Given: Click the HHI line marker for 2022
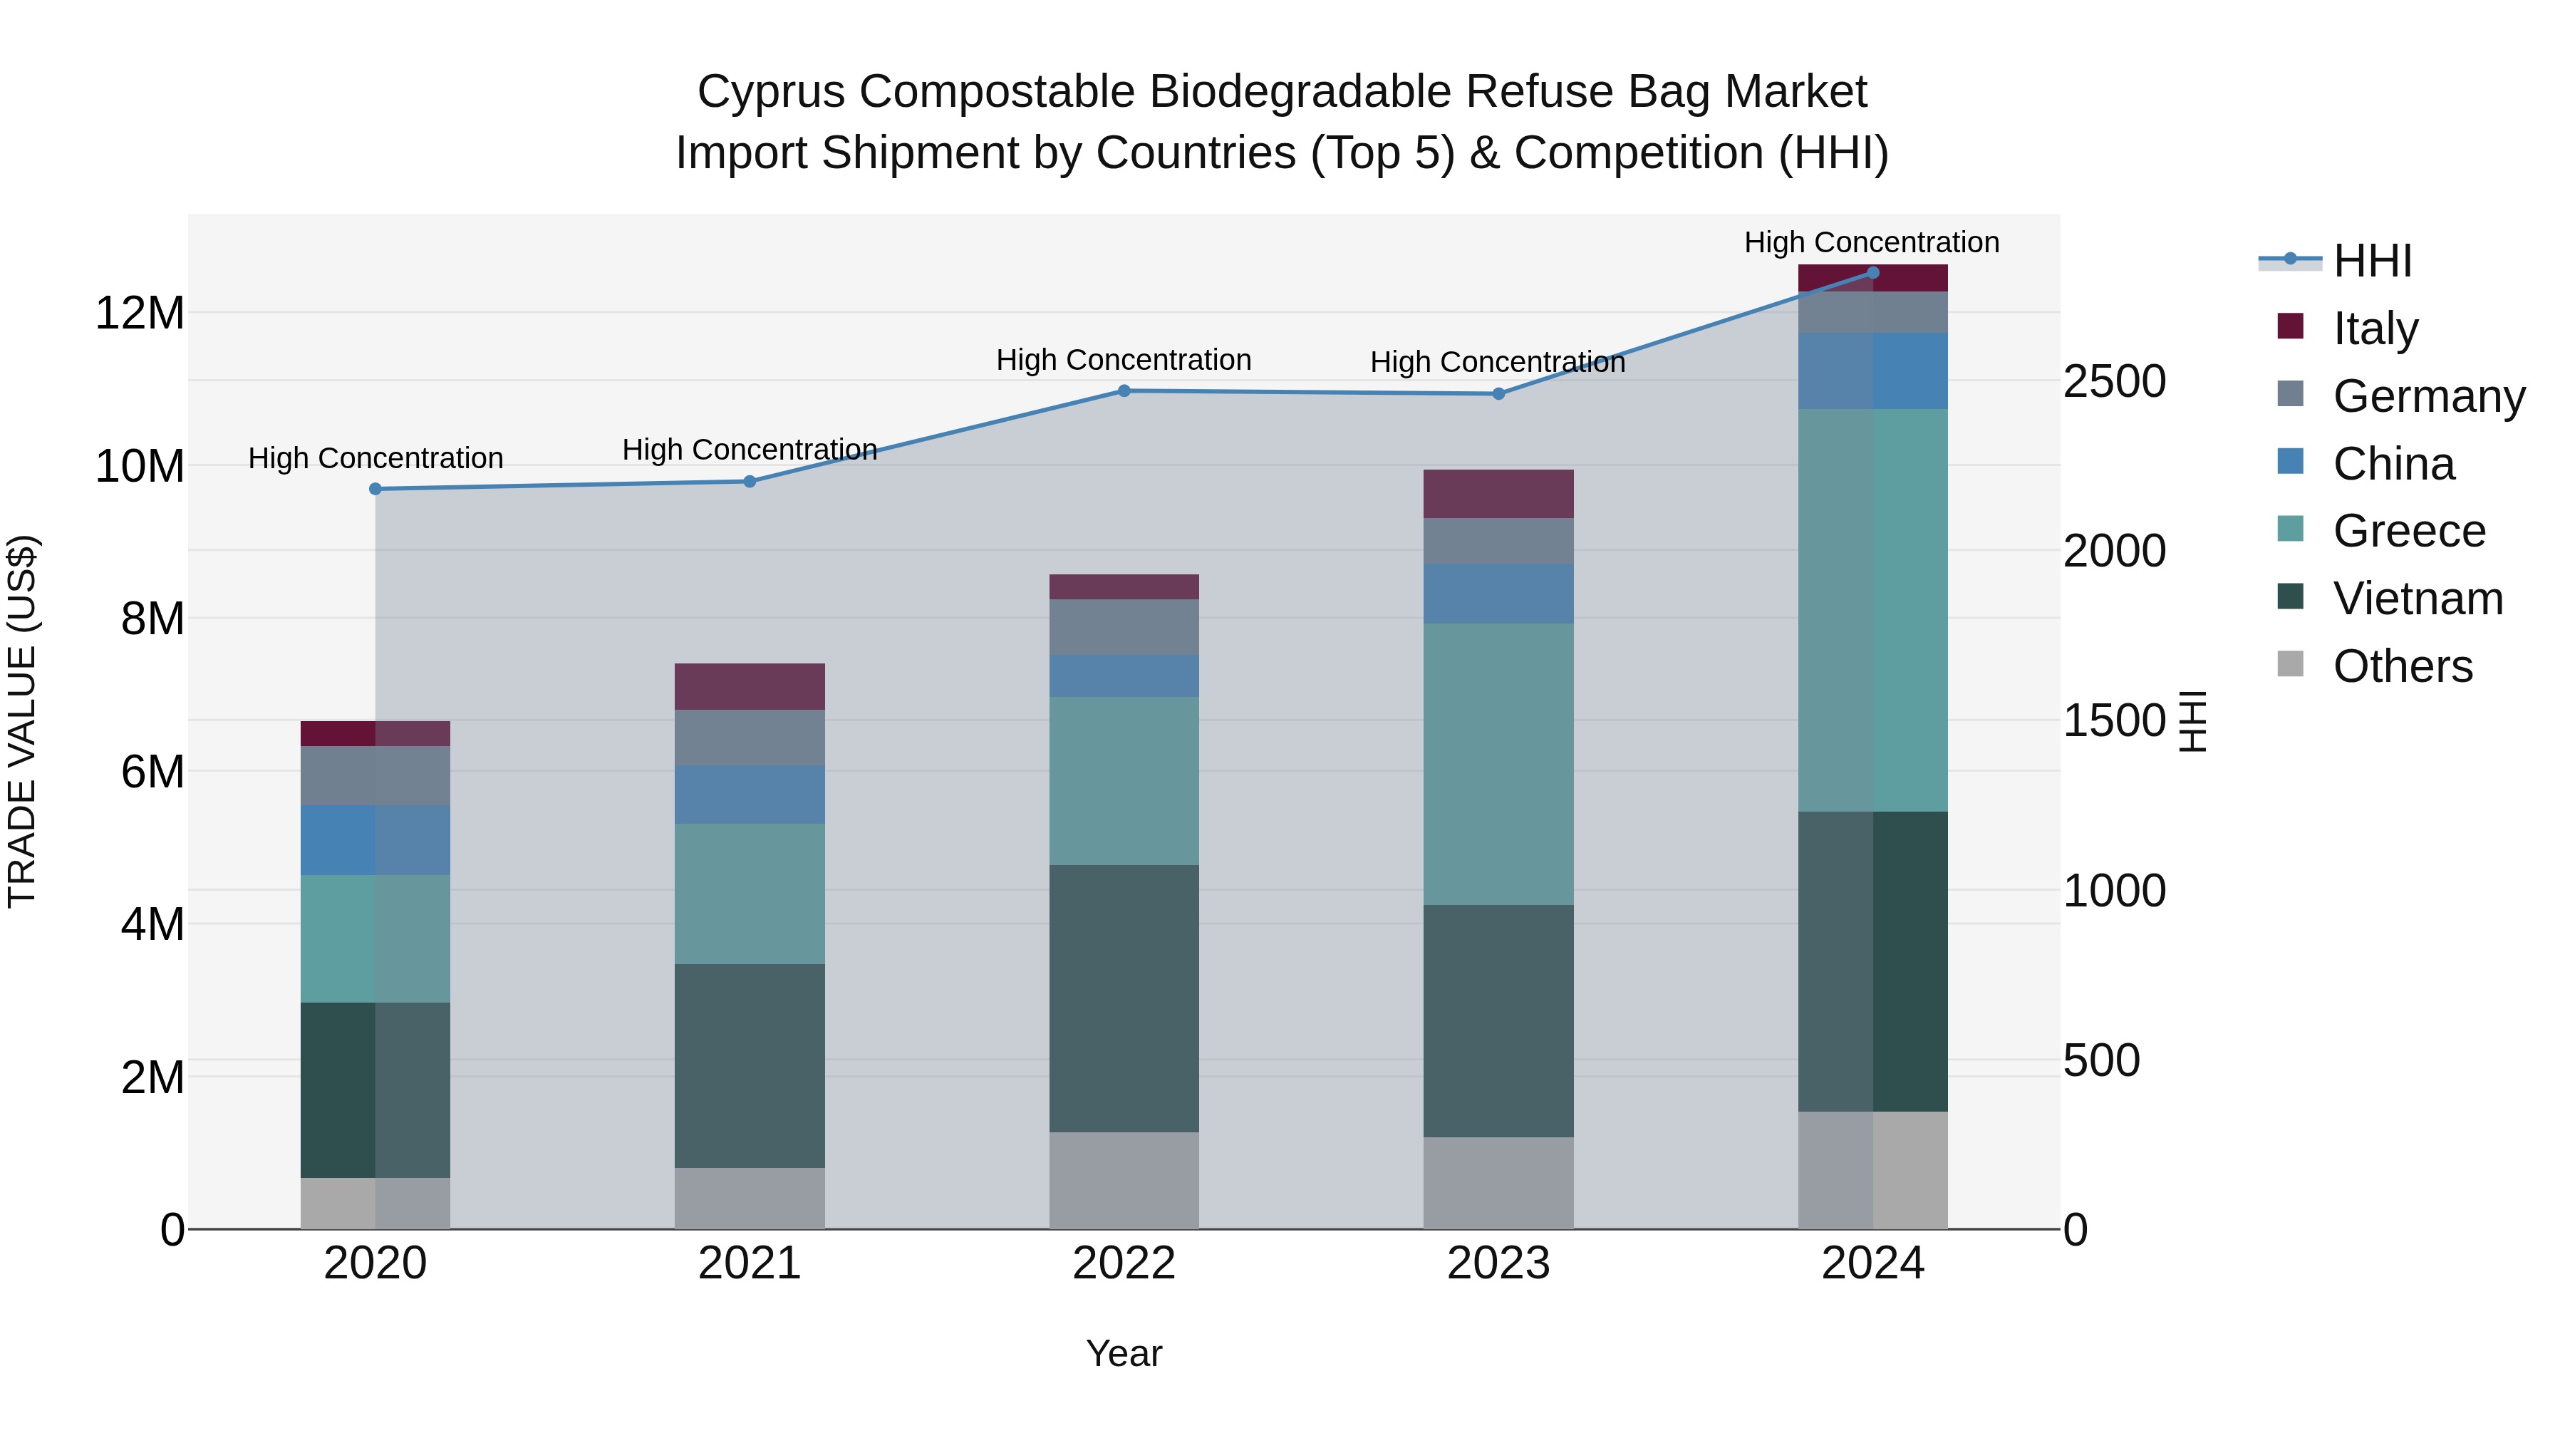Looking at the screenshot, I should pos(1124,391).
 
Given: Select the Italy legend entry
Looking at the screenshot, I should pos(2375,328).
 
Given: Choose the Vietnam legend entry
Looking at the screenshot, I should pos(2417,599).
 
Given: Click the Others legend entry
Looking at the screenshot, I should pos(2402,666).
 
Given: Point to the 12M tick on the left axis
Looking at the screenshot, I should pos(140,313).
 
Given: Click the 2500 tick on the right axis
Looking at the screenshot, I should pos(2114,381).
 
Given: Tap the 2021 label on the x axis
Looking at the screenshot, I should pos(750,1263).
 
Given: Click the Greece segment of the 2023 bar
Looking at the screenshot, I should pos(1498,764).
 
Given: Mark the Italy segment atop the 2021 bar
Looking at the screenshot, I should pos(750,686).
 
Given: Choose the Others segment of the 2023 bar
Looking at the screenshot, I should pos(1498,1183).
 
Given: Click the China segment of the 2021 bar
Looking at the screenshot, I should pos(750,794).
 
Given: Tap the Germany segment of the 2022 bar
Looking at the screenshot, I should pos(1124,626).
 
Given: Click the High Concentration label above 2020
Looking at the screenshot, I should pos(375,458).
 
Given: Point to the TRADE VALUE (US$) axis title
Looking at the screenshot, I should pos(22,721).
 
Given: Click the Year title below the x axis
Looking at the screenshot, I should pos(1124,1353).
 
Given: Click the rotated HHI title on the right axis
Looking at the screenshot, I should pos(2192,721).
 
